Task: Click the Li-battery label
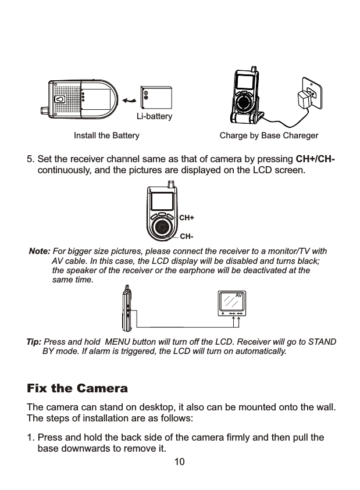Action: tap(155, 116)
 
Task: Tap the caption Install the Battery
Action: tap(106, 136)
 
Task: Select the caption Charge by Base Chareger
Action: tap(269, 136)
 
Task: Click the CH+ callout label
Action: tap(186, 218)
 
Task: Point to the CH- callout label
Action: tap(186, 237)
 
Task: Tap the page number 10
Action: tap(180, 462)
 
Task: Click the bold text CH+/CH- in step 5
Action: tap(318, 160)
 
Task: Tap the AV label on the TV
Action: tap(238, 296)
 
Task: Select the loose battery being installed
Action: tap(156, 97)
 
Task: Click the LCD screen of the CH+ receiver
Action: tap(162, 202)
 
